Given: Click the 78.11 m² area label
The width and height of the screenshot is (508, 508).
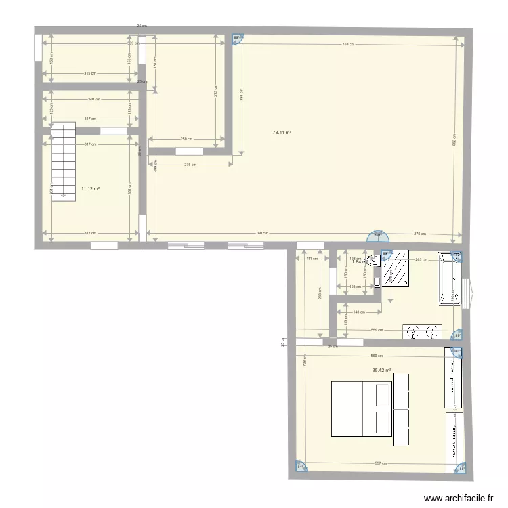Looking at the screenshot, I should tap(282, 133).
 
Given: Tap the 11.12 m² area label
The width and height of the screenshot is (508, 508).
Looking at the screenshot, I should tap(90, 190).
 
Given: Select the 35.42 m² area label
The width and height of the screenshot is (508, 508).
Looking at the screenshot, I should tap(382, 371).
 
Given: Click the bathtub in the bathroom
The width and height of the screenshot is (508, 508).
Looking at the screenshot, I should tap(450, 280).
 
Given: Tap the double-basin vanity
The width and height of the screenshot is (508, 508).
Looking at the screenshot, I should tap(421, 331).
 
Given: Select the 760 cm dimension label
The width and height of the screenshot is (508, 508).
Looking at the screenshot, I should tap(261, 234).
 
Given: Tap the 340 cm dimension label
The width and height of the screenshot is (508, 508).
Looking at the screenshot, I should tap(93, 100).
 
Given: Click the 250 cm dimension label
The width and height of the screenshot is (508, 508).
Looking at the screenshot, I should tap(185, 140).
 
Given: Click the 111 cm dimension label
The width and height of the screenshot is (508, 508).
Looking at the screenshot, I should tap(311, 259).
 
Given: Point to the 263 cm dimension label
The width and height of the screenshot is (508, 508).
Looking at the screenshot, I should tap(420, 259).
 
